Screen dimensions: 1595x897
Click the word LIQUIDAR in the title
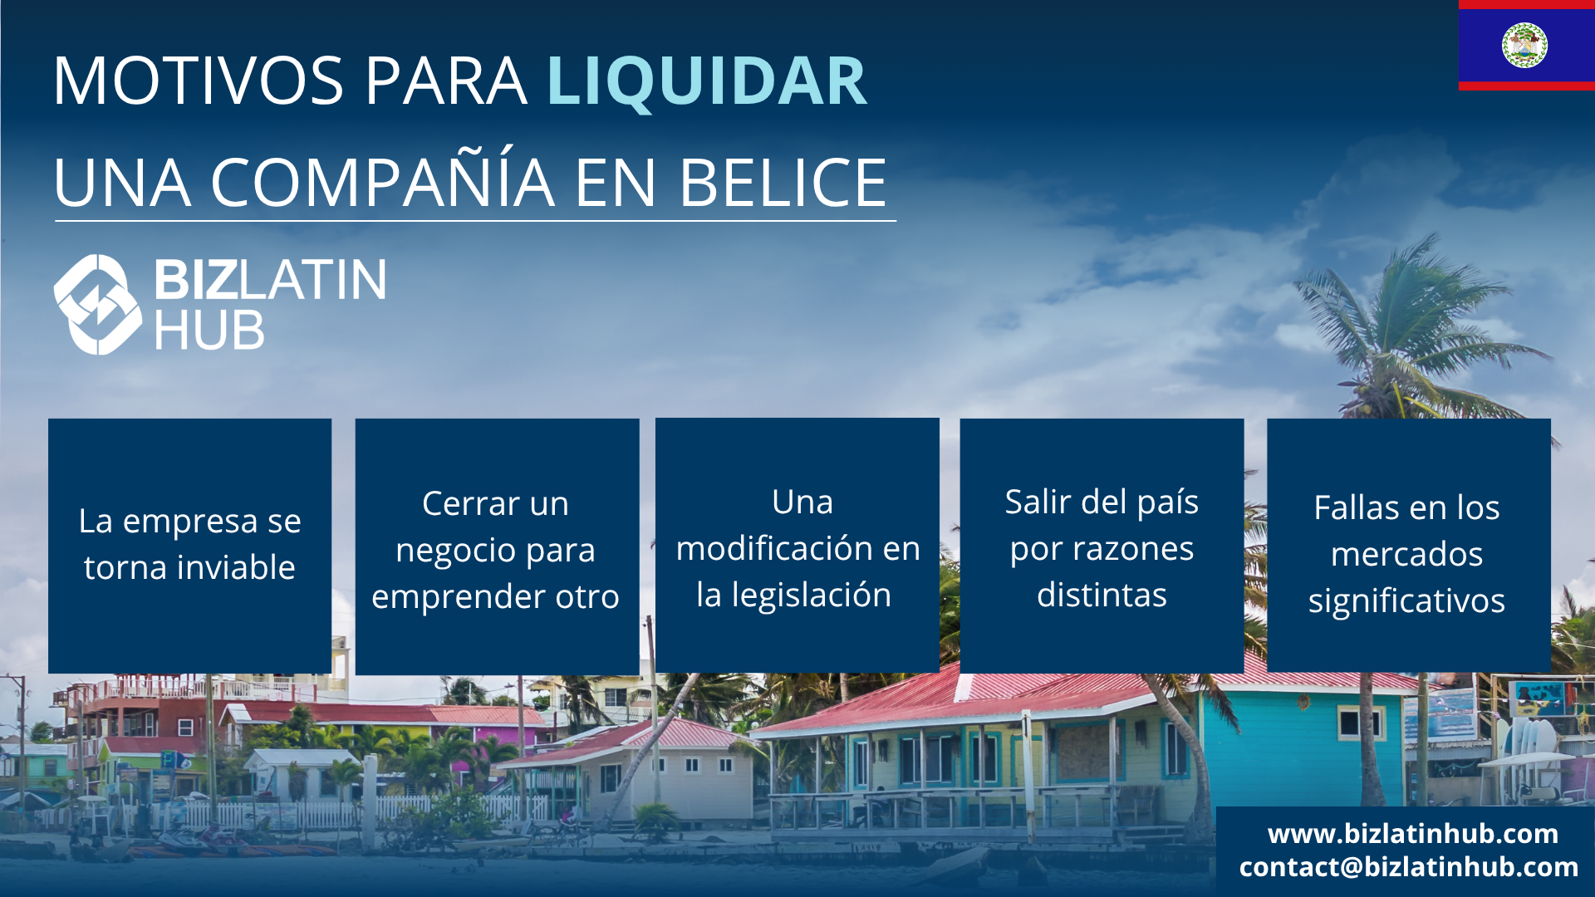(x=707, y=81)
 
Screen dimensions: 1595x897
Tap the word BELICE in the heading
(x=783, y=182)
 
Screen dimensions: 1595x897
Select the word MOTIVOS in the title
(x=199, y=81)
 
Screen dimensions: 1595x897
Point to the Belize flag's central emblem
(x=1524, y=45)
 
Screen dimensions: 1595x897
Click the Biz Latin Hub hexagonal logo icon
(x=98, y=304)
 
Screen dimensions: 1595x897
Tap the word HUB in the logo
(x=209, y=331)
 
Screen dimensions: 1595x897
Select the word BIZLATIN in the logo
(x=270, y=279)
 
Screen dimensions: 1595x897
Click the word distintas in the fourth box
(x=1102, y=595)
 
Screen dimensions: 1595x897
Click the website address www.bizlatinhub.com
(x=1413, y=833)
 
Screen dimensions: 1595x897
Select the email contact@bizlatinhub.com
(x=1409, y=867)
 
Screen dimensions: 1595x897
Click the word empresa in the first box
(x=190, y=522)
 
